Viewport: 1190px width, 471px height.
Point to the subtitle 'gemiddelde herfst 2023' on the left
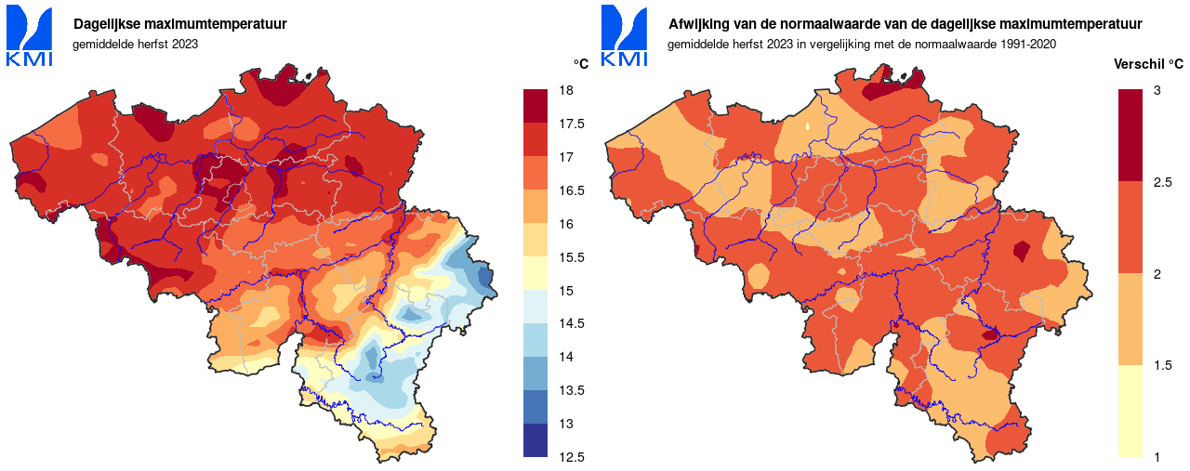pos(135,44)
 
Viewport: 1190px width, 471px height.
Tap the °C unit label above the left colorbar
pos(581,64)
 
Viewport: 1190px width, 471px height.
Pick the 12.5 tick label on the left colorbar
pos(571,457)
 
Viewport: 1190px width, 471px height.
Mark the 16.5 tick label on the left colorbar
pos(571,190)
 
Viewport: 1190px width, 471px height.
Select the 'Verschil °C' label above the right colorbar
pos(1149,64)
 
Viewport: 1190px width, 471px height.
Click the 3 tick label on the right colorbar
pos(1157,90)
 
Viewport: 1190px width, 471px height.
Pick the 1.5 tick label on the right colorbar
pos(1162,365)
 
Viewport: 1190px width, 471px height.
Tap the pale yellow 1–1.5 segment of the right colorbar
pos(1130,411)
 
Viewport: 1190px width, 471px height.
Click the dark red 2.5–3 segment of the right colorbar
pos(1130,135)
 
